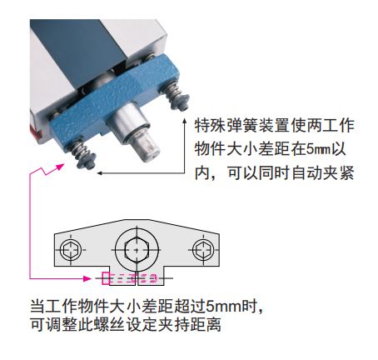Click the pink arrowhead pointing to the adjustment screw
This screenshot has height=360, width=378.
[x=87, y=278]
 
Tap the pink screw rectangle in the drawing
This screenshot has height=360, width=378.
[x=106, y=278]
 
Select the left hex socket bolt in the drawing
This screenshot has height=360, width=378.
[x=71, y=250]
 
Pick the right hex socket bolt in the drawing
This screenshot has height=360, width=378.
[x=203, y=250]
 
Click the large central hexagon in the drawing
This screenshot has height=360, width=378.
[x=137, y=250]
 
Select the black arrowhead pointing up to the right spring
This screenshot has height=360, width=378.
[x=185, y=121]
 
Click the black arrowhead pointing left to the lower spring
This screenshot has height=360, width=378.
[x=100, y=173]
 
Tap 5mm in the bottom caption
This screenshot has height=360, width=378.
[x=224, y=306]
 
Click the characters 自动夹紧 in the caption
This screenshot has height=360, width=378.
[x=322, y=173]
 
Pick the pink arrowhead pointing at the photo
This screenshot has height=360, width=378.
[x=60, y=167]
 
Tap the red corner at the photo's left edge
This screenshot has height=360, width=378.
[x=36, y=131]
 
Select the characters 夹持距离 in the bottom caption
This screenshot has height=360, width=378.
[x=190, y=324]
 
